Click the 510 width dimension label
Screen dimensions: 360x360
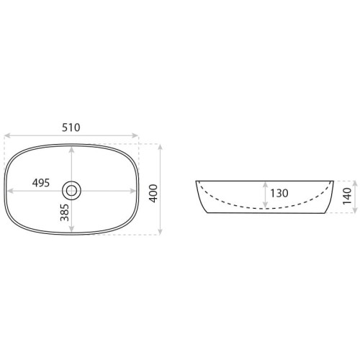click(x=71, y=127)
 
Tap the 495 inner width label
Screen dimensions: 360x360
click(x=41, y=183)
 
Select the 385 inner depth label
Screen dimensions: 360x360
click(x=65, y=212)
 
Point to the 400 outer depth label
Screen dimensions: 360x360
click(x=153, y=193)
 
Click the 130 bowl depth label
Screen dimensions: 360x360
click(x=279, y=193)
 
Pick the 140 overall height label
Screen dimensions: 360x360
click(x=347, y=197)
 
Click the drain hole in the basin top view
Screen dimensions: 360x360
click(x=71, y=191)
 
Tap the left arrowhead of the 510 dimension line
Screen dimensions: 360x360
click(x=8, y=135)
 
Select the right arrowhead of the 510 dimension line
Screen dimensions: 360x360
click(x=135, y=135)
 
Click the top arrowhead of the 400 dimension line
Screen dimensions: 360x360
click(x=161, y=147)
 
